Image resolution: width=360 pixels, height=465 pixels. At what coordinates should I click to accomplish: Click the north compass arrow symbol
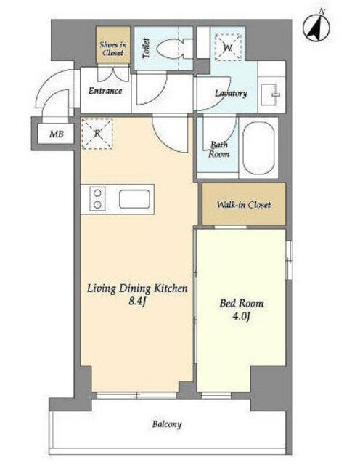click(x=316, y=27)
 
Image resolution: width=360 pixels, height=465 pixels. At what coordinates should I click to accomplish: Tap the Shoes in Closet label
click(x=113, y=49)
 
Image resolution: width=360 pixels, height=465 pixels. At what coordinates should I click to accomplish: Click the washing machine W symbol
click(x=228, y=47)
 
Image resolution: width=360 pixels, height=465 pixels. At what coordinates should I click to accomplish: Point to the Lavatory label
click(x=231, y=93)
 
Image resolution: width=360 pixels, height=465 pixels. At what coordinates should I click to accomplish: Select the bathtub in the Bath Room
click(x=258, y=148)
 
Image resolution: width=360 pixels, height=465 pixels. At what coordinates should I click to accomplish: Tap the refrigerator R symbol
click(x=97, y=134)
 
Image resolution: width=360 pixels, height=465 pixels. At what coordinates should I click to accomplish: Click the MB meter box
click(x=57, y=134)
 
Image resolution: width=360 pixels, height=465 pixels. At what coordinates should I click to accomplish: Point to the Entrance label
click(x=105, y=90)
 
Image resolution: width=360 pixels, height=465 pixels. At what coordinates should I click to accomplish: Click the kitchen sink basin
click(x=134, y=199)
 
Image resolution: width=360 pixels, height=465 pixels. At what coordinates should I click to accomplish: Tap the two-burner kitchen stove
click(x=97, y=199)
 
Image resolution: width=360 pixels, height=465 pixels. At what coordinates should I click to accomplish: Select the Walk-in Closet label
click(x=244, y=205)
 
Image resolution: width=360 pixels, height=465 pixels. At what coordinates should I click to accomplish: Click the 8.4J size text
click(x=137, y=302)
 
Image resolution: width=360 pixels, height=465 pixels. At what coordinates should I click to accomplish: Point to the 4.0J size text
click(x=242, y=317)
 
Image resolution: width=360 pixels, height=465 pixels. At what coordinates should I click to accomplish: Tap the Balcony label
click(x=167, y=424)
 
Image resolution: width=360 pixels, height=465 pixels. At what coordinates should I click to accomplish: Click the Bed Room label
click(x=242, y=304)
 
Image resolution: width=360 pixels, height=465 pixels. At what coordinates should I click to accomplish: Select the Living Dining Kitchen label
click(x=137, y=288)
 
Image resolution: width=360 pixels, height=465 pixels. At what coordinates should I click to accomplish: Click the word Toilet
click(x=146, y=48)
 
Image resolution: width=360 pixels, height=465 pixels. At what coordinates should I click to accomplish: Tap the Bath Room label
click(x=219, y=150)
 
